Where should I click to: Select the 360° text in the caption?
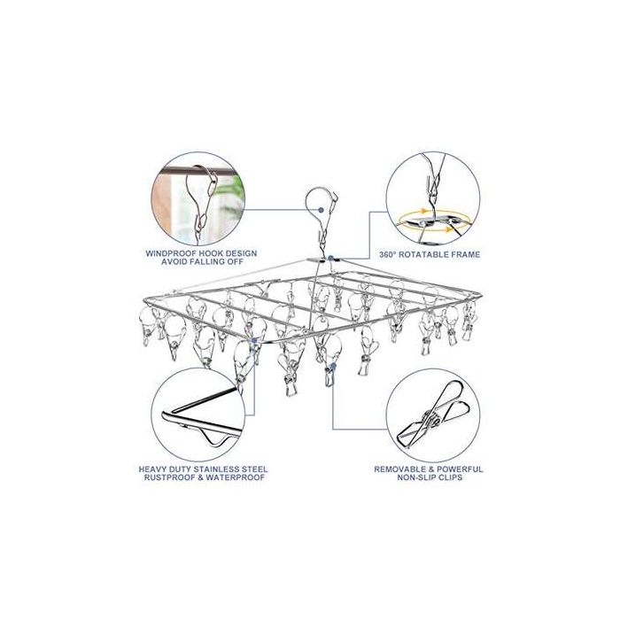(x=387, y=255)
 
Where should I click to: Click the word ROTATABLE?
(x=421, y=255)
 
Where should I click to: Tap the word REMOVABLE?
(x=398, y=469)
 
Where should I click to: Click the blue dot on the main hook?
(x=321, y=210)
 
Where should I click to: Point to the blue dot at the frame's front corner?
(x=254, y=340)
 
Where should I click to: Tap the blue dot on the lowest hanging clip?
(x=333, y=367)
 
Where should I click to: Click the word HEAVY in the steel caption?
(x=152, y=469)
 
